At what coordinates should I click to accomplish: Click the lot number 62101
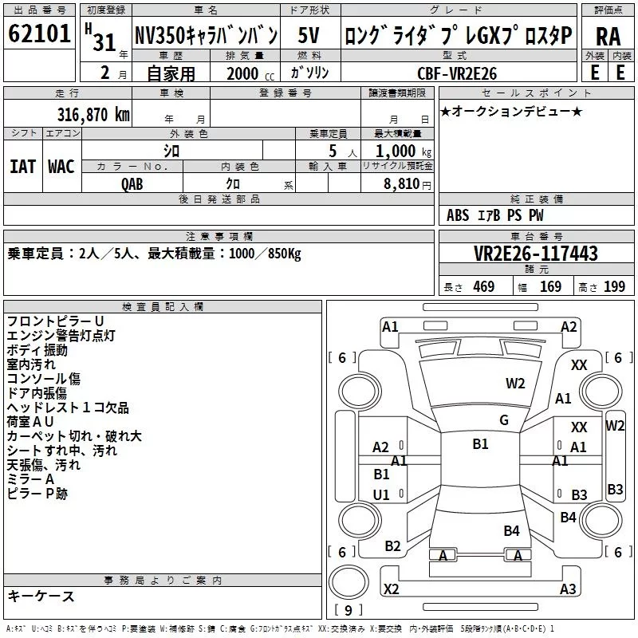39,34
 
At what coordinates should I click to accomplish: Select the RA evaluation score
608,37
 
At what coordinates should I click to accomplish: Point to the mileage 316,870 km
93,114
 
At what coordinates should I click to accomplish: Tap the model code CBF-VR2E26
458,73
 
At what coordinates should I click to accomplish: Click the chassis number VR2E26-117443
535,254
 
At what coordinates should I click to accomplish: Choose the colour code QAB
133,183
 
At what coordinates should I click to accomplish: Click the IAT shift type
22,167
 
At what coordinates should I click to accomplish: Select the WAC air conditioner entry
61,167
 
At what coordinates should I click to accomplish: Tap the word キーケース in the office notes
41,597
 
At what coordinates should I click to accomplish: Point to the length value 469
483,287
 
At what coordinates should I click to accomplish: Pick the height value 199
614,287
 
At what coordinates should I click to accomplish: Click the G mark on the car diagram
504,419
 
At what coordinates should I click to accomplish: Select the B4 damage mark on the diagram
511,530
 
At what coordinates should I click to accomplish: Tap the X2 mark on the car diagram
391,589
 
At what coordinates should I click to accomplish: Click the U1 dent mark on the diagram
381,494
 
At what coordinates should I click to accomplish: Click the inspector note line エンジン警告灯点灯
61,336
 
